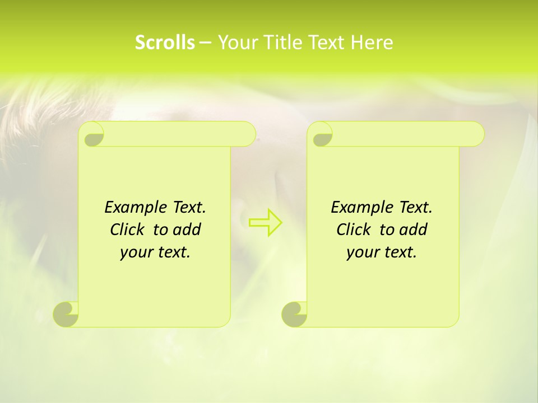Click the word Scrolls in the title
tap(165, 43)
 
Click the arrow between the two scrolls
tap(265, 222)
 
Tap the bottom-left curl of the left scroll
tap(67, 314)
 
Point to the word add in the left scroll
tap(187, 230)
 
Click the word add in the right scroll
tap(413, 230)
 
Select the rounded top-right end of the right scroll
tap(477, 134)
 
